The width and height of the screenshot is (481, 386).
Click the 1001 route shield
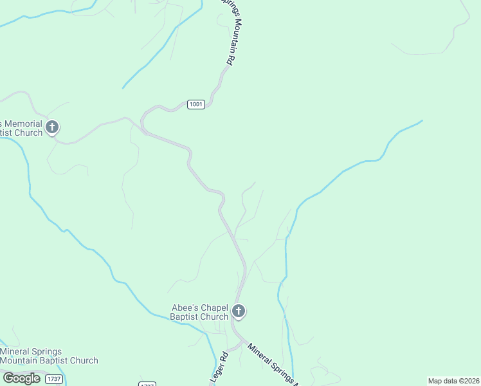[x=196, y=104]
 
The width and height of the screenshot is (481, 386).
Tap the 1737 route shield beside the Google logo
[x=53, y=379]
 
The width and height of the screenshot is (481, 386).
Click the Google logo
[x=21, y=378]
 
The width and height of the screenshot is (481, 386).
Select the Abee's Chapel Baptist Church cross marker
[x=239, y=312]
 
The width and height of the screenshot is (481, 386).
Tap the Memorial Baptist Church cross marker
[x=52, y=127]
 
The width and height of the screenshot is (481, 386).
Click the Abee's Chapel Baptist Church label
[x=199, y=312]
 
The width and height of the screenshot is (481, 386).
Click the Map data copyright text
[x=454, y=381]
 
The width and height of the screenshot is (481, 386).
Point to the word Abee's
[x=185, y=308]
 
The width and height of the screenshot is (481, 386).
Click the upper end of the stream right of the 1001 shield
[x=422, y=120]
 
